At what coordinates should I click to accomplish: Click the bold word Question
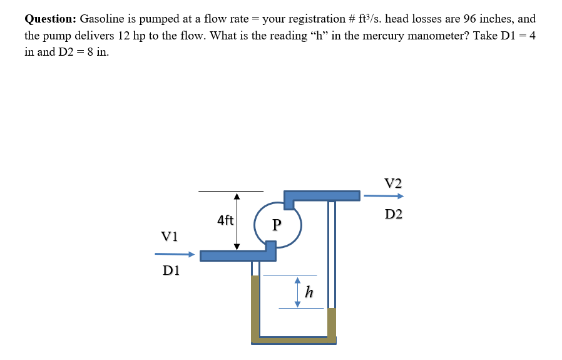pos(50,19)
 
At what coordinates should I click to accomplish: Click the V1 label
pos(170,236)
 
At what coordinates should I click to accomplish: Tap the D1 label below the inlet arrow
pos(171,270)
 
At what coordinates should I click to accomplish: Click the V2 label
pos(394,183)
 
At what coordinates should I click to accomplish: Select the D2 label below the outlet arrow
pos(394,215)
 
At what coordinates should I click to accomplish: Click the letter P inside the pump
pos(277,224)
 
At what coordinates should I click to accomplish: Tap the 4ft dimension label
pos(225,220)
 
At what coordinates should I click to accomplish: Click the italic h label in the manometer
pos(309,292)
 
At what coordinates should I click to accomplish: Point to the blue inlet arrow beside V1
pos(174,254)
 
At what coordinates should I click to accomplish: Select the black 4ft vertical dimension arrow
pos(237,221)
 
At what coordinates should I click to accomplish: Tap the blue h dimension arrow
pos(298,292)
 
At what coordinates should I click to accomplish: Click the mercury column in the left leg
pos(255,307)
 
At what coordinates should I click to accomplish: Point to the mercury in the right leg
pos(332,323)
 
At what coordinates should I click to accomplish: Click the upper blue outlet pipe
pos(322,196)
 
